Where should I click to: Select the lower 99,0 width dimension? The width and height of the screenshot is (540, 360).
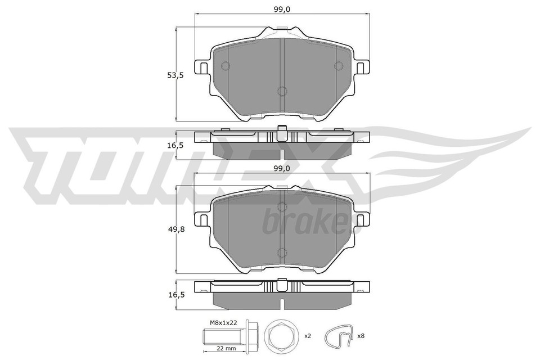[282, 168]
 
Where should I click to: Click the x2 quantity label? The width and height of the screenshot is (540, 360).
[307, 336]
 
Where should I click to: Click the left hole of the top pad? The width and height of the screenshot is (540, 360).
[226, 66]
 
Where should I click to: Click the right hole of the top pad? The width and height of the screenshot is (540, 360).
[339, 66]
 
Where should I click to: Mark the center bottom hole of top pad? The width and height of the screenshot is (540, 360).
[282, 91]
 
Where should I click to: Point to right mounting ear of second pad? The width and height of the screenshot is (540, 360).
[363, 220]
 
